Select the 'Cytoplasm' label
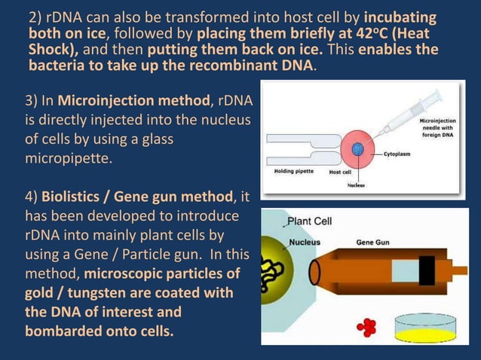point(401,153)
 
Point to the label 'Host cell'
point(342,172)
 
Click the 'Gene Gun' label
point(373,243)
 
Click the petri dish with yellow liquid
point(427,331)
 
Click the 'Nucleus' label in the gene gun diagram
point(305,243)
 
